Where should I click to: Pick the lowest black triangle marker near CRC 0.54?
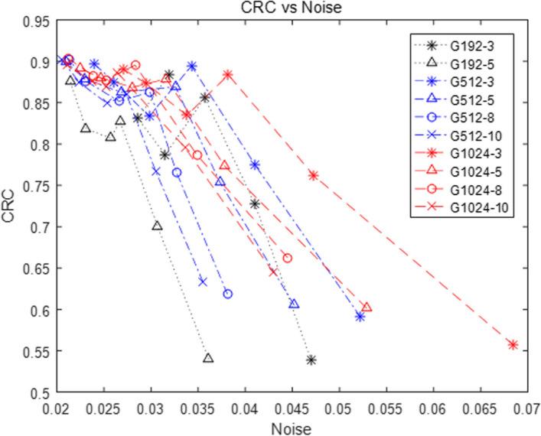[x=208, y=357]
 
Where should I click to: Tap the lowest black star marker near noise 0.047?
[x=311, y=360]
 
